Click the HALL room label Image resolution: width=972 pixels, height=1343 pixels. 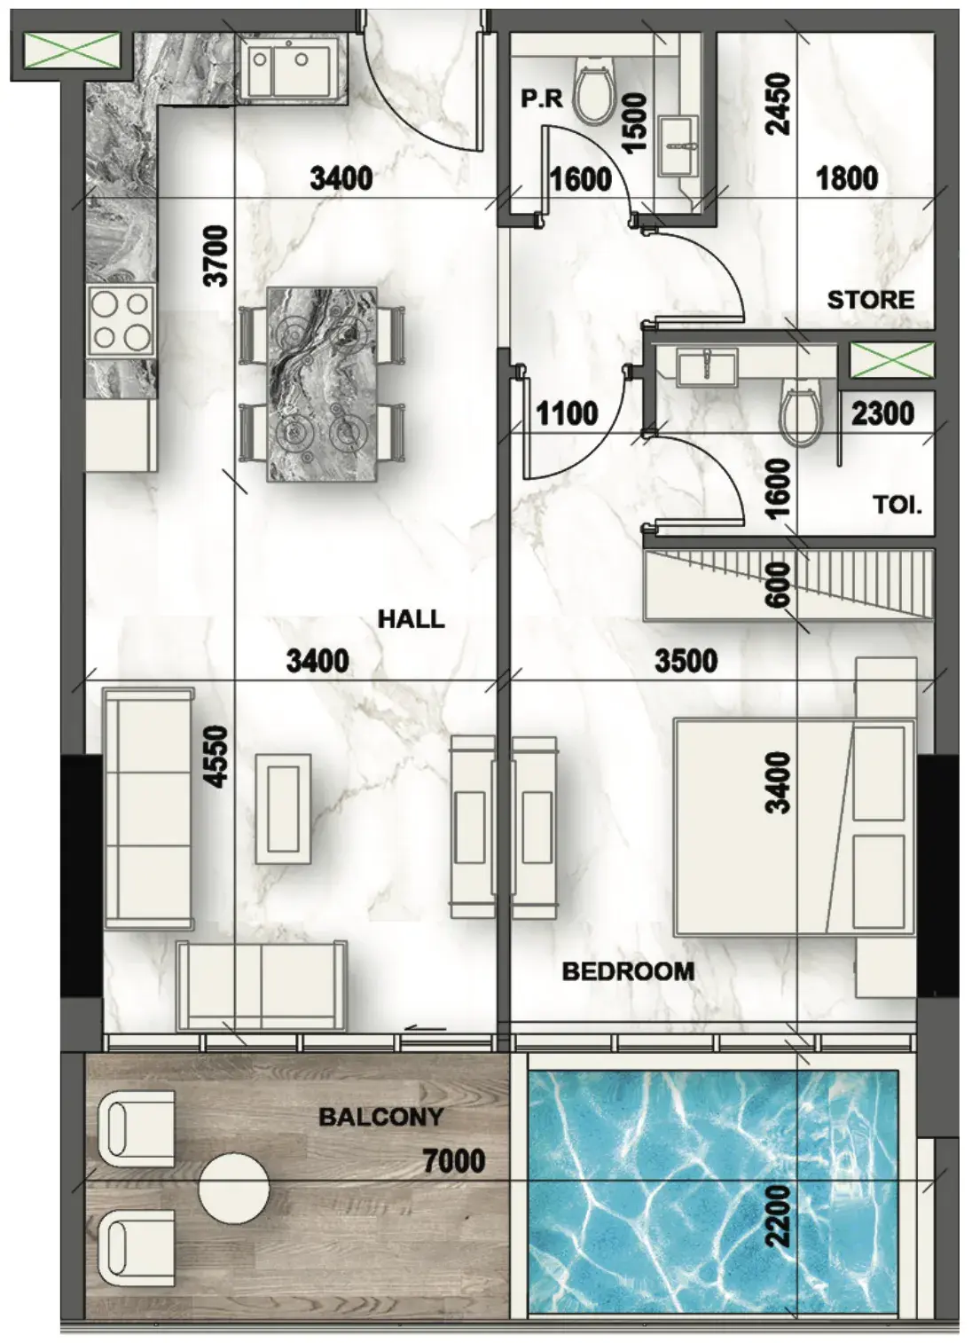click(x=412, y=619)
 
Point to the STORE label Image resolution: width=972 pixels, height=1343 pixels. click(x=871, y=299)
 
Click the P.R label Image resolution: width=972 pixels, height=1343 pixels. click(x=543, y=99)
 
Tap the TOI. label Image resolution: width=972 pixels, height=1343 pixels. click(x=898, y=506)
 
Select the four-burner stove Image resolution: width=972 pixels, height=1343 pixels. click(x=120, y=322)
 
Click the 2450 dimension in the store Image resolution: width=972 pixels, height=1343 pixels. click(x=780, y=105)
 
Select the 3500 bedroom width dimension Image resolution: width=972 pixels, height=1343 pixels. click(x=686, y=662)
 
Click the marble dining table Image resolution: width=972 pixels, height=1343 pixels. click(x=323, y=384)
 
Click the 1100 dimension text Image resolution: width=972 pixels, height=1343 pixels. click(x=567, y=413)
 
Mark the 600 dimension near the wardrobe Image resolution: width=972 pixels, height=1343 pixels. click(x=780, y=585)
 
